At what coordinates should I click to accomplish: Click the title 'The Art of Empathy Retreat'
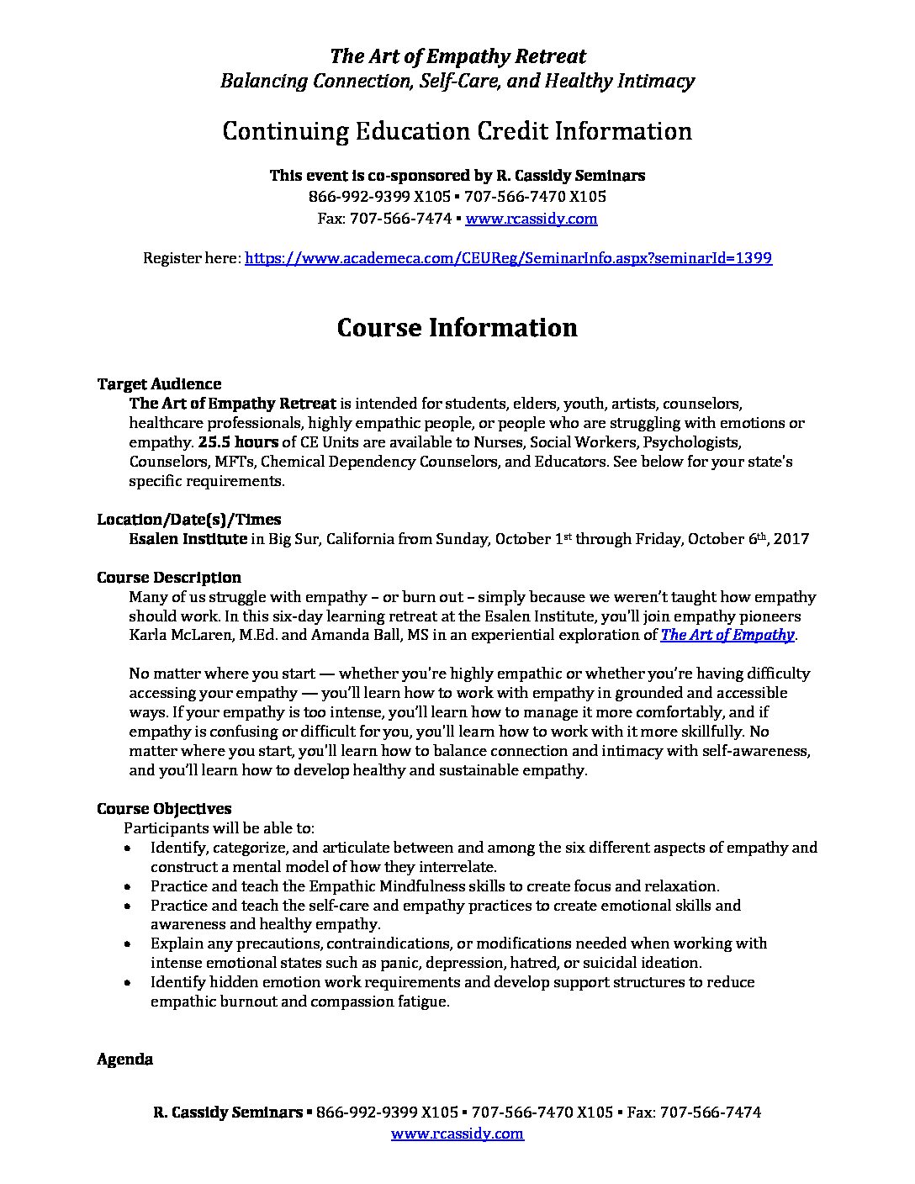[457, 56]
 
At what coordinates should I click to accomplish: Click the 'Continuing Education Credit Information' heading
[457, 131]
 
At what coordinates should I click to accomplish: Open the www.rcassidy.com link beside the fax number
[531, 219]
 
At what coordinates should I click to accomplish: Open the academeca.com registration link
[508, 258]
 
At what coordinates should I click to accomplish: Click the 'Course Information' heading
[457, 327]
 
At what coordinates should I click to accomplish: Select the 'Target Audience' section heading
[159, 384]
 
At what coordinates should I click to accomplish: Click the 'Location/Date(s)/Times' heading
[188, 519]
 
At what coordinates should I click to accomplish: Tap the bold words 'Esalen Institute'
[188, 538]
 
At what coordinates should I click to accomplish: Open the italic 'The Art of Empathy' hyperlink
[727, 635]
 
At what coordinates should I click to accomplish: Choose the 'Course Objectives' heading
[164, 809]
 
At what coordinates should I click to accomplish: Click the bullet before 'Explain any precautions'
[127, 944]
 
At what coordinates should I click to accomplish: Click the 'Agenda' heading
[124, 1060]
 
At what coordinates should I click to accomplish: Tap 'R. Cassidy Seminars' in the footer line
[227, 1113]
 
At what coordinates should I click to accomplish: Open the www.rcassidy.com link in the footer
[457, 1134]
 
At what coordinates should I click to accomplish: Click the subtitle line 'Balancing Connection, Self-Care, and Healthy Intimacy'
[457, 81]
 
